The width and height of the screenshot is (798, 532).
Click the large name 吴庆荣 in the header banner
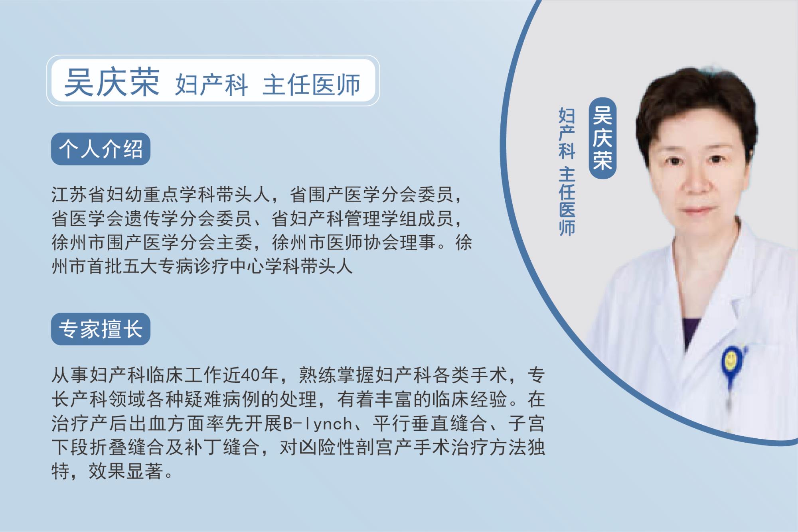[112, 82]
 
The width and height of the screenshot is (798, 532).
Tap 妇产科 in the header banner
[211, 84]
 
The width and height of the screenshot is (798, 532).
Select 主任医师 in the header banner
[311, 84]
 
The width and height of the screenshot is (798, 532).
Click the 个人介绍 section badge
[101, 149]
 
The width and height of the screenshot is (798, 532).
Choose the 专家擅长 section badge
[101, 329]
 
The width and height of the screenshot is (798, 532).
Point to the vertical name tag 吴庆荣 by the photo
[602, 138]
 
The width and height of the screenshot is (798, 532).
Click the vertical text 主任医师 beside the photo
[567, 201]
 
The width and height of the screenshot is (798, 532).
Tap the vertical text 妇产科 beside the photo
[567, 133]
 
